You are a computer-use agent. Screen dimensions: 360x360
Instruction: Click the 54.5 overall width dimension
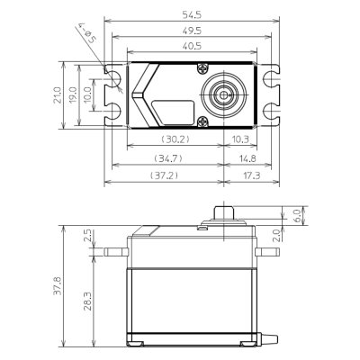(192, 14)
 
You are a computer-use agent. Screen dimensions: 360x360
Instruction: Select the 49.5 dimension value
(192, 31)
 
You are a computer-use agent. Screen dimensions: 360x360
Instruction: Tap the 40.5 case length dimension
(192, 46)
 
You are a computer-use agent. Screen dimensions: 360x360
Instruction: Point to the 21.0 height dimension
(57, 95)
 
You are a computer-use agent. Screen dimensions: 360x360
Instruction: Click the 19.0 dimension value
(72, 95)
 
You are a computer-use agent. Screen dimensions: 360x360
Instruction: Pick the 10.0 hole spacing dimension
(87, 95)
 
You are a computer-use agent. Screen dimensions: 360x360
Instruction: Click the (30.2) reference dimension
(175, 139)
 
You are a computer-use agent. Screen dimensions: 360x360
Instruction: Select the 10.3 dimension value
(240, 139)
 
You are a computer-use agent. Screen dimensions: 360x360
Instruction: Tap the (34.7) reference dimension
(168, 158)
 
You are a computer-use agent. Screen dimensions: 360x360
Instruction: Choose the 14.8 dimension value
(247, 158)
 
